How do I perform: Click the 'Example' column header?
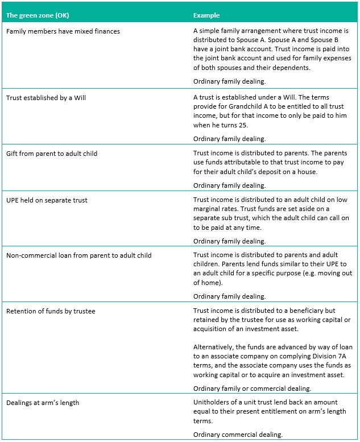tap(206, 15)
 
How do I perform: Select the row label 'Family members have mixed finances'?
tap(63, 31)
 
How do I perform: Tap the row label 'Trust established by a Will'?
tap(46, 98)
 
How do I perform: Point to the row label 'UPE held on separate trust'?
tap(47, 200)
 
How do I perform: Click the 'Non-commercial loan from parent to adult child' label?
tap(78, 255)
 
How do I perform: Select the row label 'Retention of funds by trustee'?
tap(51, 311)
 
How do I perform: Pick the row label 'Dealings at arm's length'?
tap(43, 403)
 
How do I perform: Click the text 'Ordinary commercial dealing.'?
tap(238, 435)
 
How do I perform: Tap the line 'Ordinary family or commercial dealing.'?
tap(252, 389)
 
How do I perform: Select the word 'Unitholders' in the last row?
tap(212, 403)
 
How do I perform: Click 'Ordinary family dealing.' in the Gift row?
tap(229, 185)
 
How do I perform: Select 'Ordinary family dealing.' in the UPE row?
tap(229, 241)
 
